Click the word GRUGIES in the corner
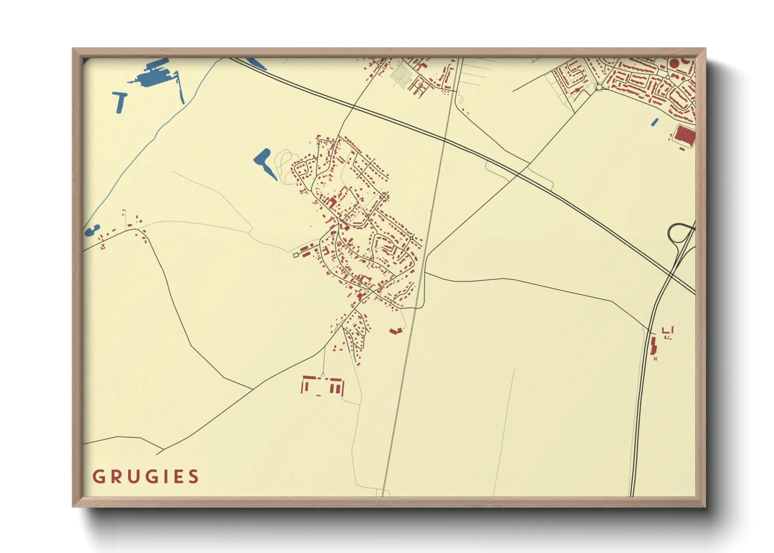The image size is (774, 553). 146,477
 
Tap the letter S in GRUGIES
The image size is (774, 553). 194,477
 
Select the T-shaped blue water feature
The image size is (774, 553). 120,100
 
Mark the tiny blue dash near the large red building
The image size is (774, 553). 655,122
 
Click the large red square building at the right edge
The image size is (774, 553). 685,135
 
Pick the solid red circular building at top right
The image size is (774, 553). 675,63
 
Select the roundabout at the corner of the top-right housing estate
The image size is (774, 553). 599,87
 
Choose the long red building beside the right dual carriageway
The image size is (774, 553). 653,346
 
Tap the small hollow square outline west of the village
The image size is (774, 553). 296,255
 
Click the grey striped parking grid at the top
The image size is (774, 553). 402,73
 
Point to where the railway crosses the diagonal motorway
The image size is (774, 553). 444,140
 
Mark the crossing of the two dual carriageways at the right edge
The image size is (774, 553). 673,274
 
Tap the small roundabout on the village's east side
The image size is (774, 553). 413,238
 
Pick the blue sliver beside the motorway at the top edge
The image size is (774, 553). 256,64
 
